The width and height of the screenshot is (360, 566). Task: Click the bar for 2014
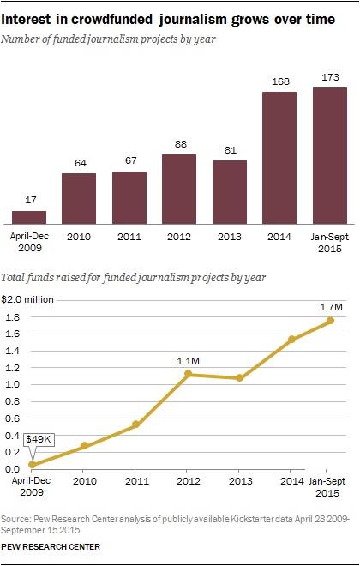(279, 157)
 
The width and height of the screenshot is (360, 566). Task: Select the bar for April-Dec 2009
(28, 216)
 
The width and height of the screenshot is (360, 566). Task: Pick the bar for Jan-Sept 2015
(330, 155)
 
